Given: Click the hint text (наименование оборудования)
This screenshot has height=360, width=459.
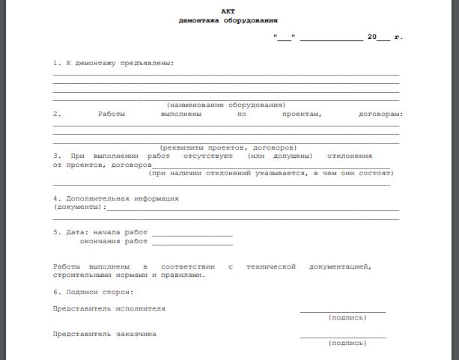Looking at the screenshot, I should (225, 105).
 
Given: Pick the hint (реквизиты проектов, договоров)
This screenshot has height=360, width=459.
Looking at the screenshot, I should (228, 147).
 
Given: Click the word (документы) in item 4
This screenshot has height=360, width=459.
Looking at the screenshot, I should (78, 207).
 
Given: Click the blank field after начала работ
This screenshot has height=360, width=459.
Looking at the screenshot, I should (192, 234).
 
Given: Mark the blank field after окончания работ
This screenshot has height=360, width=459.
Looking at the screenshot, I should (192, 242).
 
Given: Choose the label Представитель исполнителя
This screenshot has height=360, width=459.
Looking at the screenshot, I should (109, 308).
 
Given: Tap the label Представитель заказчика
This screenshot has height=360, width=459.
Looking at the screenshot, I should (105, 334).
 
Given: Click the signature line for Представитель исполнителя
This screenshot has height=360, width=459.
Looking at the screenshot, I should (343, 311).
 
